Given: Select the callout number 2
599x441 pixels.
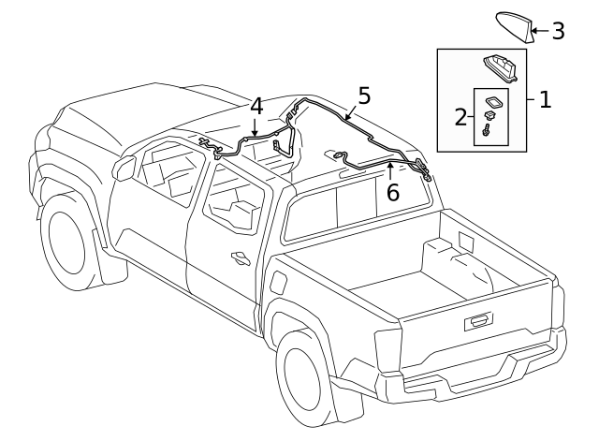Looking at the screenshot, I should [460, 117].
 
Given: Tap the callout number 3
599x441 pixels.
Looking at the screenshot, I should [557, 32].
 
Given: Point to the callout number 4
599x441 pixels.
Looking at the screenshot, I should [256, 108].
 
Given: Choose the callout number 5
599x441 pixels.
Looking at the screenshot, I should [363, 95].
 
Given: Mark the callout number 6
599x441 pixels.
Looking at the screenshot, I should [392, 192].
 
